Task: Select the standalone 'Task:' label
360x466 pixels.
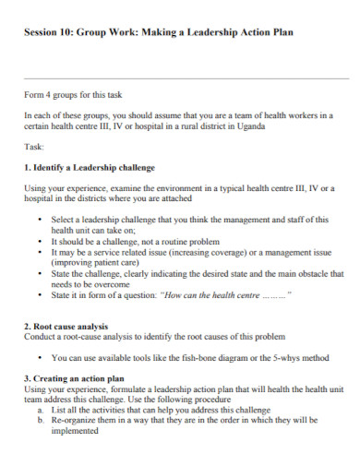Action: pyautogui.click(x=35, y=147)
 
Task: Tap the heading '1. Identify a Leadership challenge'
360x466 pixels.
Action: pyautogui.click(x=89, y=168)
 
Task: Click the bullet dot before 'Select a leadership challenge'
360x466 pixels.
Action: pyautogui.click(x=41, y=221)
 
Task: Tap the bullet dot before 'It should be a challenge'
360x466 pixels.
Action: pyautogui.click(x=41, y=241)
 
